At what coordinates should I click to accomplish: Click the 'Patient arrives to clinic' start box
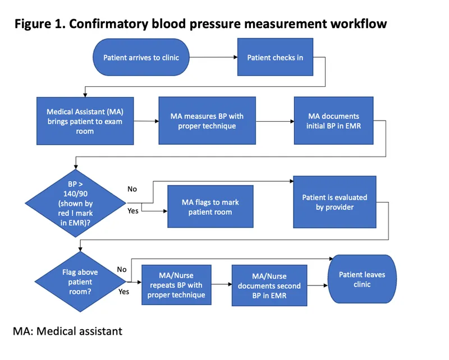[139, 57]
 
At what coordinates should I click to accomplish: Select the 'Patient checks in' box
[275, 57]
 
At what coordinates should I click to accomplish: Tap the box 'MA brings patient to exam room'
[86, 121]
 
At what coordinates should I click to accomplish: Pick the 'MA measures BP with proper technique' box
[207, 121]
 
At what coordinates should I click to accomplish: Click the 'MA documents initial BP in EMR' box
[334, 121]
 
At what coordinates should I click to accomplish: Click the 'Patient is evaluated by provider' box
[335, 202]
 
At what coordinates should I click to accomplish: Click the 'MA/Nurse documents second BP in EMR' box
[269, 285]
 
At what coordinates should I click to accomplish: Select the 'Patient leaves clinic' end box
[362, 279]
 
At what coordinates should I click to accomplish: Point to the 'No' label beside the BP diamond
[132, 189]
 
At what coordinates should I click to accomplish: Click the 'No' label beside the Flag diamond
[122, 269]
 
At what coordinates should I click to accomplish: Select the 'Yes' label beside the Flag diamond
[123, 292]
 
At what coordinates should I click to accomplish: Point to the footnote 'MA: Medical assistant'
[67, 331]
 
